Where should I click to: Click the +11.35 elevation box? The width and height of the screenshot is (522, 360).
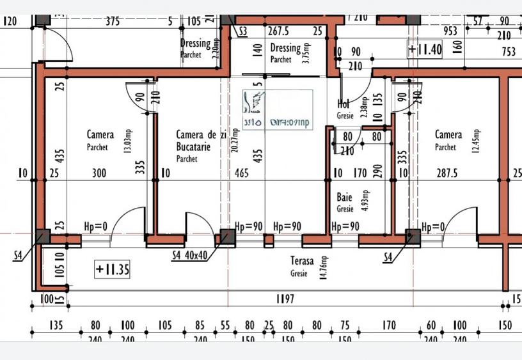click(113, 269)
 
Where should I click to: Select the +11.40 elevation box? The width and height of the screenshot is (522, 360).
click(425, 49)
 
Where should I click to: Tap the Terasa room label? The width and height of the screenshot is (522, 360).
click(302, 261)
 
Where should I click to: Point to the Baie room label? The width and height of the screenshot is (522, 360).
click(344, 198)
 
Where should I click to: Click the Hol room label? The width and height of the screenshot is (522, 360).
click(343, 104)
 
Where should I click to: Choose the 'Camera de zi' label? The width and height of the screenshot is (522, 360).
click(201, 135)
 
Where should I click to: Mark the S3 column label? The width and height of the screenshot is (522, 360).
click(243, 31)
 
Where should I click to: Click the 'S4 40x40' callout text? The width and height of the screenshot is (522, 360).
click(191, 256)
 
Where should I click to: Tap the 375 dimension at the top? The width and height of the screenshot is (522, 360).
click(113, 21)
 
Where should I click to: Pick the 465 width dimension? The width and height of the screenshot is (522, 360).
click(242, 173)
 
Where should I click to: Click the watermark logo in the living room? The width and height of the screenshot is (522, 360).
click(277, 110)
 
